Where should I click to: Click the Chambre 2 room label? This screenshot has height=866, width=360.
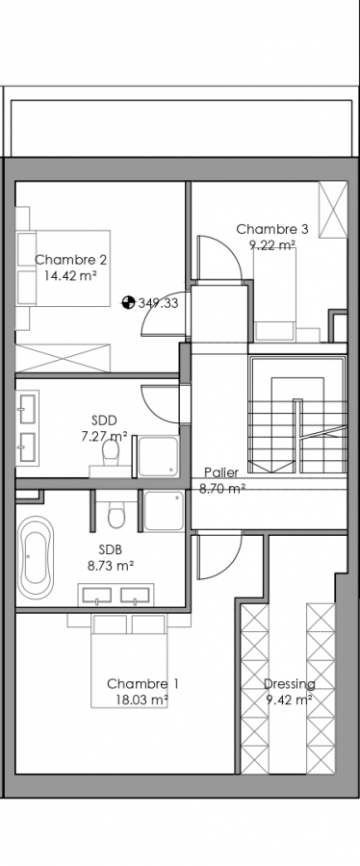click(70, 260)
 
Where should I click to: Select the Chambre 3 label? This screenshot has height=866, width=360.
click(272, 229)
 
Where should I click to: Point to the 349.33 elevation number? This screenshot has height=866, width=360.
click(158, 303)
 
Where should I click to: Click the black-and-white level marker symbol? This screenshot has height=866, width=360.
click(128, 302)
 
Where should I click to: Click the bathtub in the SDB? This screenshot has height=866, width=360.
click(36, 558)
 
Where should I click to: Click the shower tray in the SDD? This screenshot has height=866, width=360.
click(159, 456)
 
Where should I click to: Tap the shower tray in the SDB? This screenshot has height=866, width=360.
click(164, 511)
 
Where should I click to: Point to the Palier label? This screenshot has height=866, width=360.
click(221, 472)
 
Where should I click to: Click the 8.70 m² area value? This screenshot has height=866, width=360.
click(222, 488)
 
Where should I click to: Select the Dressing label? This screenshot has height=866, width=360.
click(290, 684)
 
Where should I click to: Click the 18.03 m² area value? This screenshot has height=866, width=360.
click(141, 700)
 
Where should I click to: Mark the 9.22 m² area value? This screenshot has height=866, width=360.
click(272, 244)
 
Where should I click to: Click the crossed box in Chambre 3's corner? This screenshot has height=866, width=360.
click(333, 210)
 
